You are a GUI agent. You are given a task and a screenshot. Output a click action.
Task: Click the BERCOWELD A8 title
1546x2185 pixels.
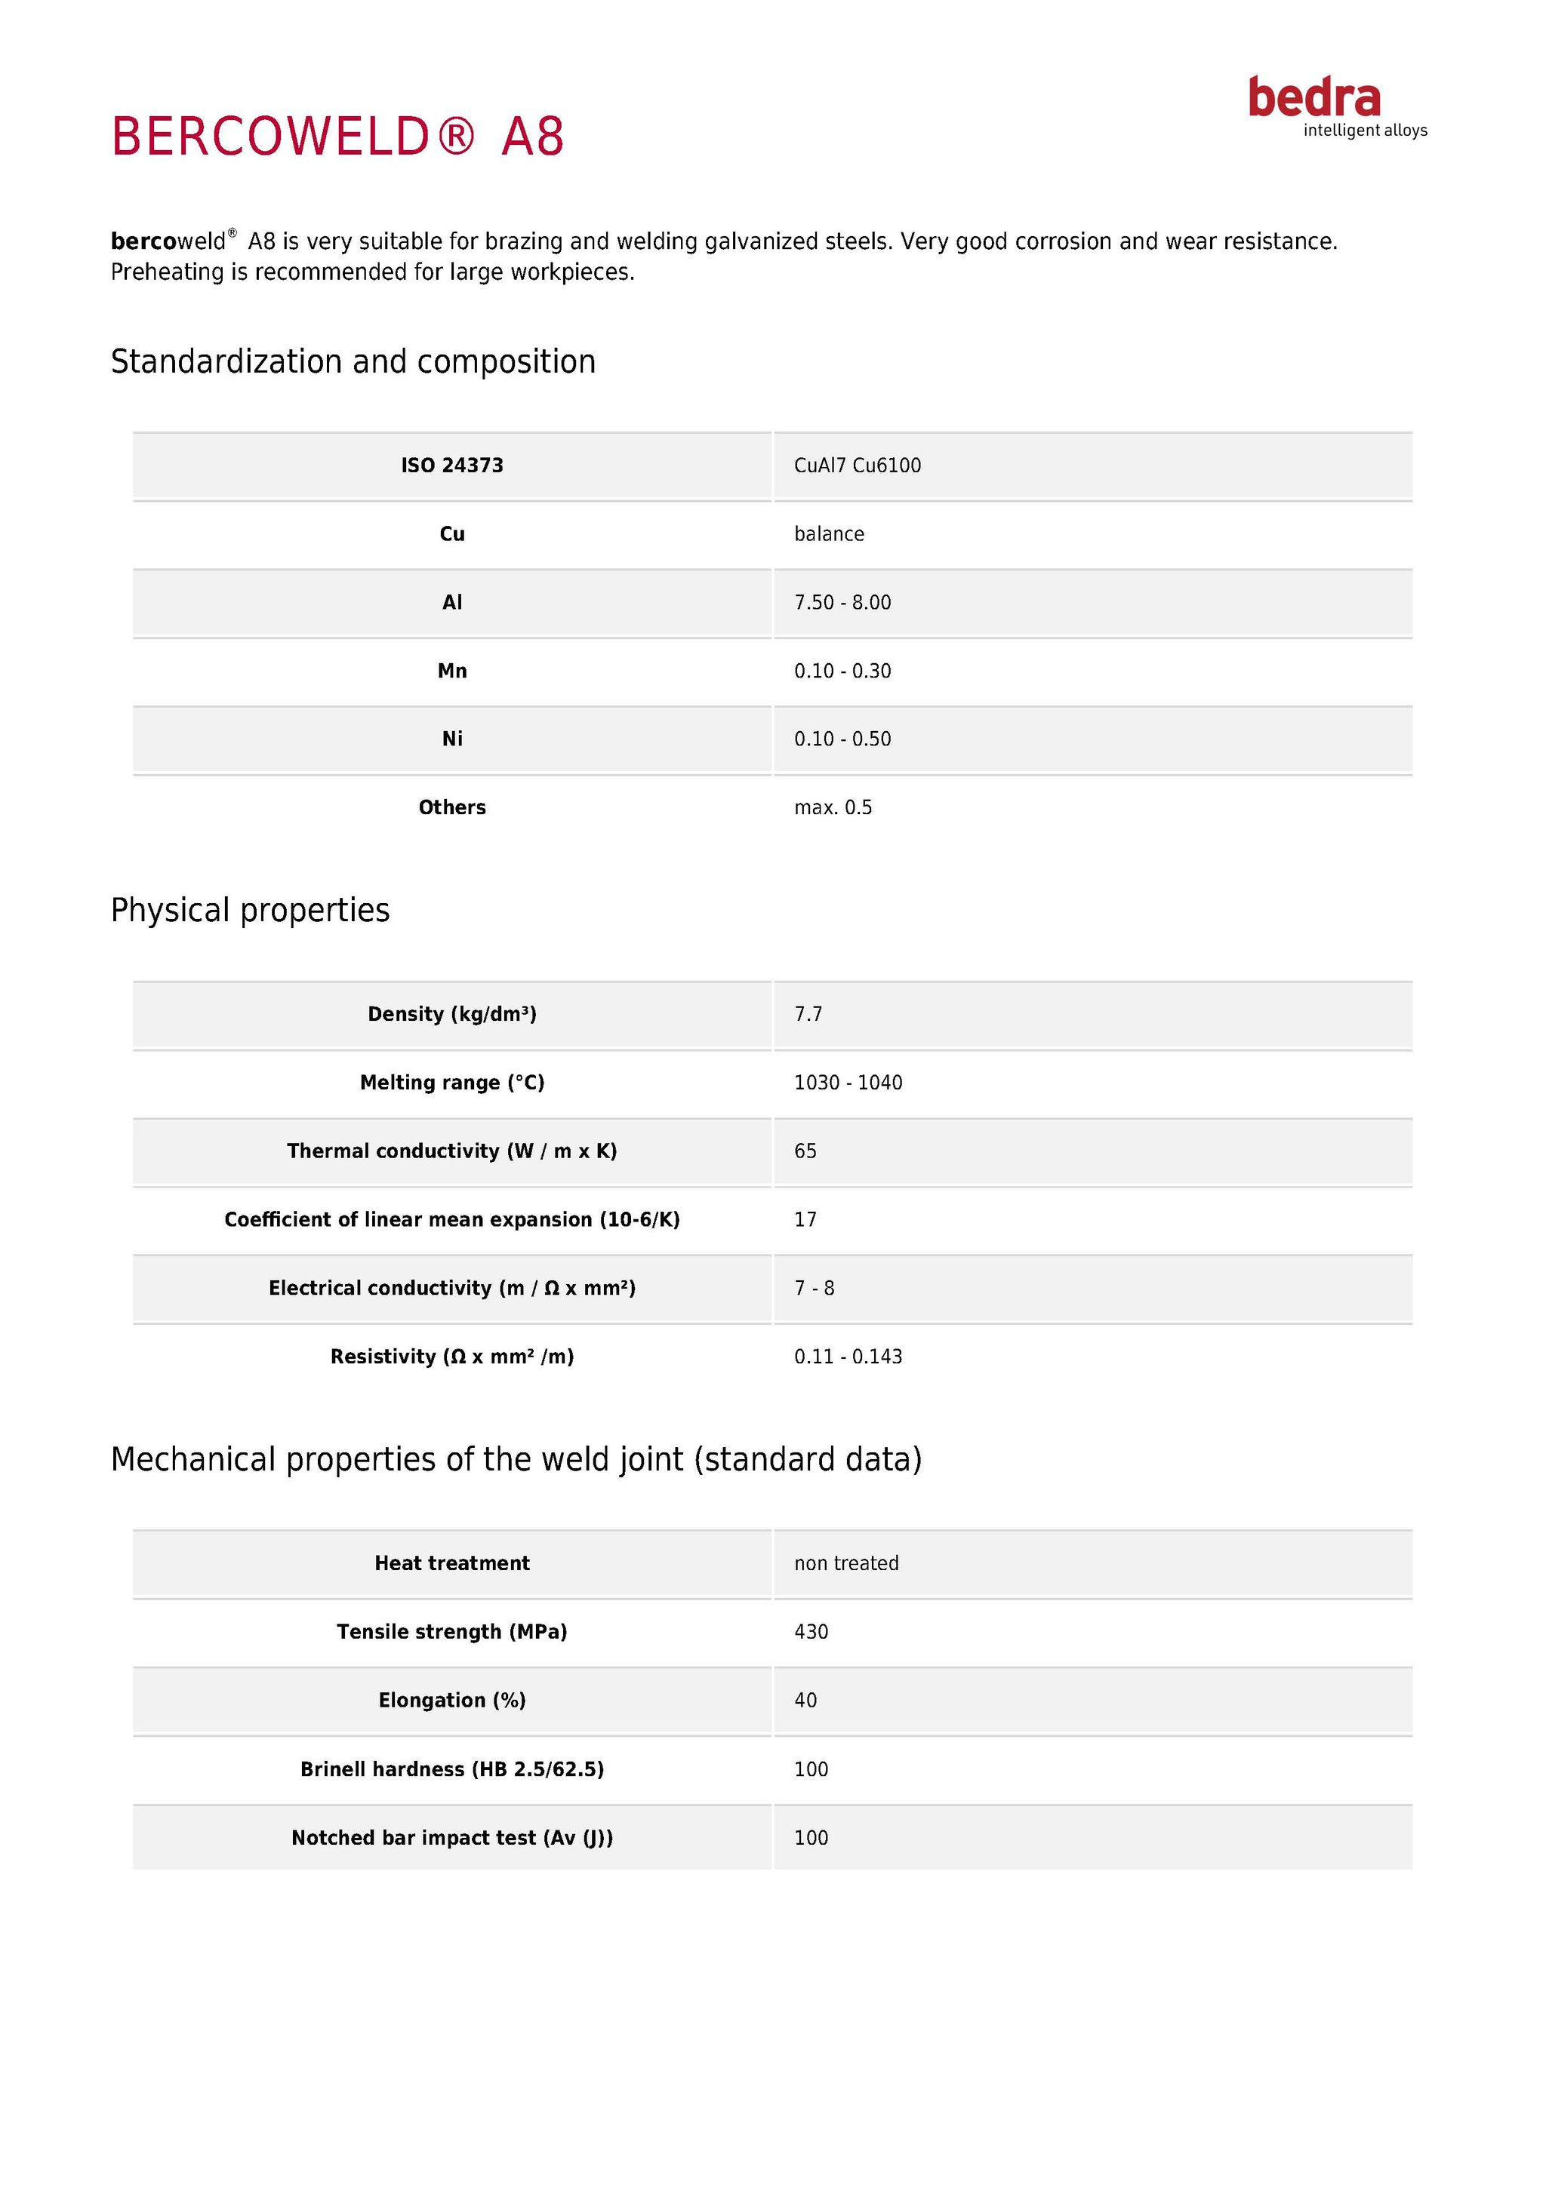338,136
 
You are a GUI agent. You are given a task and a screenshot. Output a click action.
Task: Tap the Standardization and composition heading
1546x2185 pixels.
353,361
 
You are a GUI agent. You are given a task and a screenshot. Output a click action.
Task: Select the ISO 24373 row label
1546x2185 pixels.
452,466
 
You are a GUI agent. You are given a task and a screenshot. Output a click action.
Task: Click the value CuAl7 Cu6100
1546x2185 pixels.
857,466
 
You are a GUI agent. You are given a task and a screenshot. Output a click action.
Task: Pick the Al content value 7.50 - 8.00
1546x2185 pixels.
842,602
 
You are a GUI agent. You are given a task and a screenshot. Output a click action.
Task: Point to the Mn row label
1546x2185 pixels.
452,671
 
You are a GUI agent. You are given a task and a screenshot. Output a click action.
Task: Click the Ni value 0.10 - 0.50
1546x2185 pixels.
842,739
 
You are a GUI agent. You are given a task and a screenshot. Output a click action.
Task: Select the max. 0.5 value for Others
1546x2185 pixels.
833,808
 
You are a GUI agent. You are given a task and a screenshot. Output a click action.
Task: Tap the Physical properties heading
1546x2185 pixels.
251,911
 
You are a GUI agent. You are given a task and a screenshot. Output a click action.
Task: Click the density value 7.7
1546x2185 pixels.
808,1015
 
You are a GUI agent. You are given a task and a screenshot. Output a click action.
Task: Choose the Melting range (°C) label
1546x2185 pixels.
452,1083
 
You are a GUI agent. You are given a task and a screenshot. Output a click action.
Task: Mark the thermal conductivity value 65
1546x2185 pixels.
805,1151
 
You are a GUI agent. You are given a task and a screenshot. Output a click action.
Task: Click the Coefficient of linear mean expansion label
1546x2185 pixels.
452,1220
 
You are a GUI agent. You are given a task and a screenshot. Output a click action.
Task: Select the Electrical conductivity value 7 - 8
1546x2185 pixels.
814,1289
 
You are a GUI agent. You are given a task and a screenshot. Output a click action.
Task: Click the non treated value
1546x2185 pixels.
846,1563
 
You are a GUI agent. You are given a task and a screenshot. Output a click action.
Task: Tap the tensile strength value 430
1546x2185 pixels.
811,1632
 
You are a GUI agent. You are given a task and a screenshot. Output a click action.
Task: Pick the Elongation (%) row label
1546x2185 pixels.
452,1701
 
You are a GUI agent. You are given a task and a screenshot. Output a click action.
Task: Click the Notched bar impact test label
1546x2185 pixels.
452,1838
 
